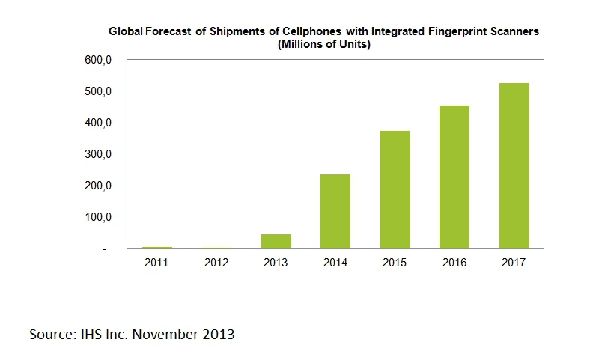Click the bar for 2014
335,211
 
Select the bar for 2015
395,189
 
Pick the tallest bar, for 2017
514,165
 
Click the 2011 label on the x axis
156,262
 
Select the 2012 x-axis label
216,262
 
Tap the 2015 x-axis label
395,262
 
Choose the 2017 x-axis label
514,262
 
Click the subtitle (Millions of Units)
324,44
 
